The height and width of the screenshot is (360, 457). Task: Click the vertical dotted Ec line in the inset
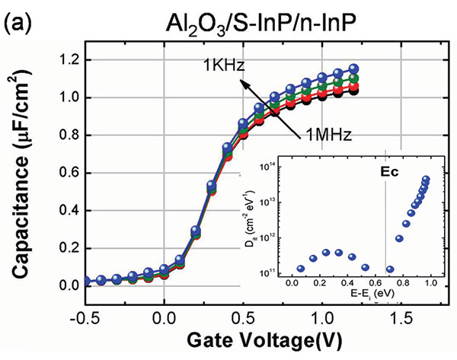click(x=387, y=228)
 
